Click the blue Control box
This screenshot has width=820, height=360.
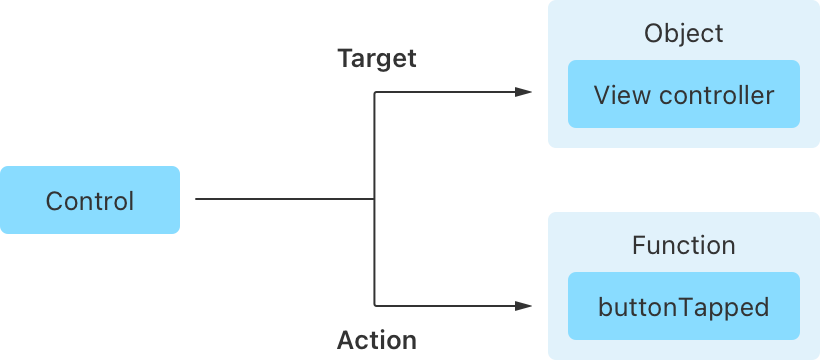90,200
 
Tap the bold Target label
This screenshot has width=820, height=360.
377,58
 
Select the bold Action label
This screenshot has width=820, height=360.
376,340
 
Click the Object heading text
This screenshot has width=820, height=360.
683,33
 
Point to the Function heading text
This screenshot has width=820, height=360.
683,245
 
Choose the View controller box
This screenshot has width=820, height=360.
683,95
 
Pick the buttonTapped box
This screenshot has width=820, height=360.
683,306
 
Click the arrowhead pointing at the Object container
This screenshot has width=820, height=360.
523,93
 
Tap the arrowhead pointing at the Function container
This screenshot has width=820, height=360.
523,306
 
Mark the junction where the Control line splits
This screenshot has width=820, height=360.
374,199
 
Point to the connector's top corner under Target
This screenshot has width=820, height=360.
374,93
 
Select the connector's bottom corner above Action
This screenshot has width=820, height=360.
374,306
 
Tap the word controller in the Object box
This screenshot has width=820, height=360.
716,95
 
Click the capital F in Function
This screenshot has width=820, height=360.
638,245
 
